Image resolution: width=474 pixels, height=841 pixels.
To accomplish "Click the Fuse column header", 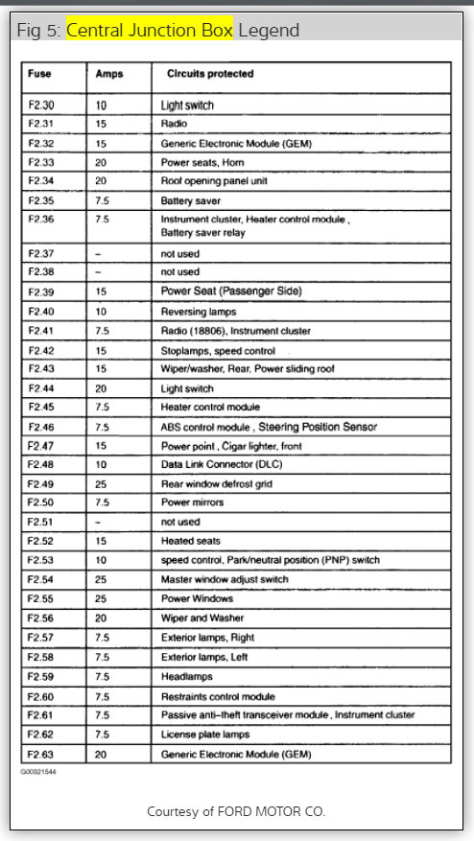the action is (x=39, y=72).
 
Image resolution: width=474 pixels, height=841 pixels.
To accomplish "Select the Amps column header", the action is (x=108, y=72).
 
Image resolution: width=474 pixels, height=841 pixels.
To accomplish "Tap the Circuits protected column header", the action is (x=210, y=72).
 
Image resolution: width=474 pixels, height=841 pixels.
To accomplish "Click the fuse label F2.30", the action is (x=41, y=104).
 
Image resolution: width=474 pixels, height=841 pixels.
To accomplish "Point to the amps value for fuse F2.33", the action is (x=101, y=162).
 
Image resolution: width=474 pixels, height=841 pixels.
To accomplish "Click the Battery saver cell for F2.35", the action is (x=193, y=200).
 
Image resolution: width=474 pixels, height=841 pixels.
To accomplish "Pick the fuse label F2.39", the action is (x=41, y=292).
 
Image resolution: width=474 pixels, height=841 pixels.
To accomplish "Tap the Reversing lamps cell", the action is (x=200, y=311).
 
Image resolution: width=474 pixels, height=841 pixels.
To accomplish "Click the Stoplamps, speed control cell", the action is (x=218, y=350).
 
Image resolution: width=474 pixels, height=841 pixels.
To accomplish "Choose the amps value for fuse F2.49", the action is (x=101, y=483).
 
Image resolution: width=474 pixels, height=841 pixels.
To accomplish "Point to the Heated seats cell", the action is (x=191, y=541).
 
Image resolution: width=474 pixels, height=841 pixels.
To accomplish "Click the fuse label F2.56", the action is (x=41, y=618).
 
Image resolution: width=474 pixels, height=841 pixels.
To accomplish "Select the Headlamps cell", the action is (x=186, y=676).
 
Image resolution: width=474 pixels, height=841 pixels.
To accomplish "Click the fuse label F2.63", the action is (x=41, y=754).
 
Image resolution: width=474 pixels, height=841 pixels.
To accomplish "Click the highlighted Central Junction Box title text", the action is (x=150, y=30).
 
